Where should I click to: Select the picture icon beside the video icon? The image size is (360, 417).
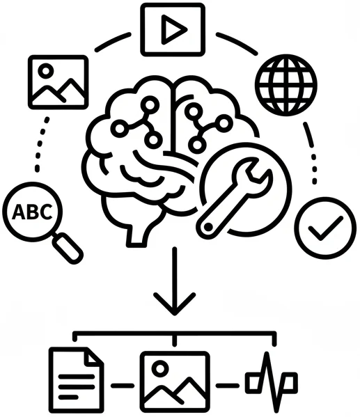pos(58,82)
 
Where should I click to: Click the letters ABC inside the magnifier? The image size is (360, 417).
pos(32,212)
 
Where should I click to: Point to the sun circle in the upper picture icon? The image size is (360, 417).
pos(46,70)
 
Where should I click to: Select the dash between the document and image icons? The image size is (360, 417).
pos(123,384)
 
